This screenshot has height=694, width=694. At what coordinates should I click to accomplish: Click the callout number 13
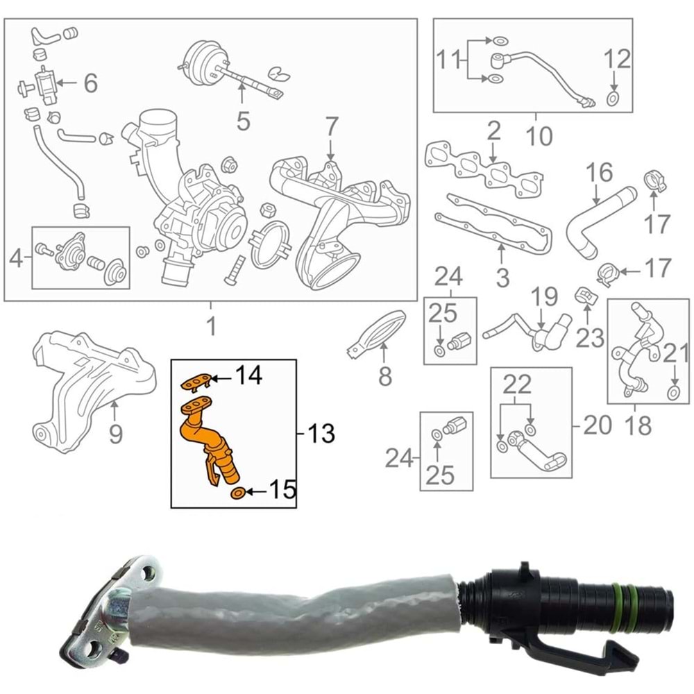321,433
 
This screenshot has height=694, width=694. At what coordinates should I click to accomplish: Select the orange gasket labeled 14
195,382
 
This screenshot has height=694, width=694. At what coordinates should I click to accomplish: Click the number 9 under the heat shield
115,433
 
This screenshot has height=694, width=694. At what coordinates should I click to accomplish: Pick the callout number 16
600,173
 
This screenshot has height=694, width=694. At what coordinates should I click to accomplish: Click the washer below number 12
613,99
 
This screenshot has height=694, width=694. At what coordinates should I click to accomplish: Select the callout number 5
243,121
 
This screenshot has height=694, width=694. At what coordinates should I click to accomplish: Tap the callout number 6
91,83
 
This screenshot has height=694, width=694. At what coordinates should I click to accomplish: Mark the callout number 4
16,258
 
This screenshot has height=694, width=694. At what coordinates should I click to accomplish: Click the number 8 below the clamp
384,376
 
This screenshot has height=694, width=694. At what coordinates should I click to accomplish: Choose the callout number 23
590,339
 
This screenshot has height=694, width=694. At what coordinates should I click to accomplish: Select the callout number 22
517,384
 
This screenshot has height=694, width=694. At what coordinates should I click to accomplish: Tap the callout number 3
502,278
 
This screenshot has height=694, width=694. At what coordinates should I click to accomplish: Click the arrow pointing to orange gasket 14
222,378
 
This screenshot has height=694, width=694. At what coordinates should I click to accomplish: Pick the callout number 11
450,60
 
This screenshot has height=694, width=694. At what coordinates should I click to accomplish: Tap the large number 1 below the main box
212,326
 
